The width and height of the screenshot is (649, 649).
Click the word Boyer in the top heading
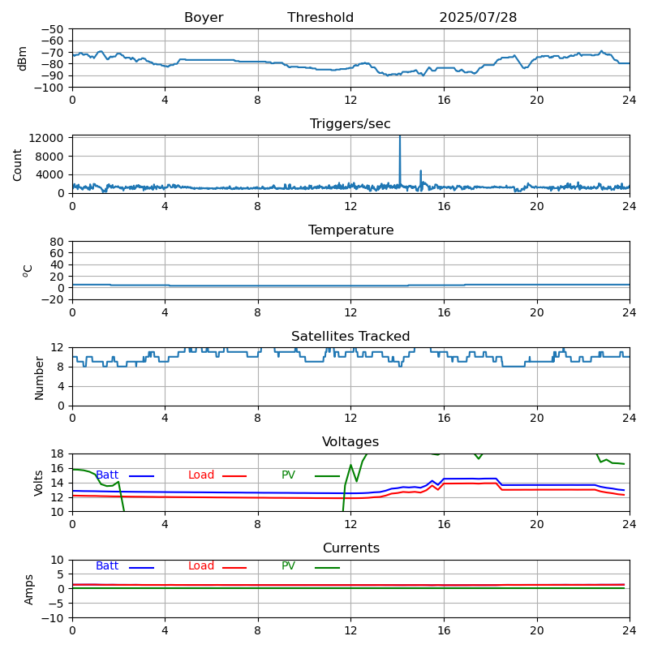(x=204, y=18)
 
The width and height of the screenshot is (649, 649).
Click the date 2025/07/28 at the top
(x=478, y=18)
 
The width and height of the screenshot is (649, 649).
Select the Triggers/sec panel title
(x=350, y=124)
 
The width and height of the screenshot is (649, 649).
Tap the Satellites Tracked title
(x=350, y=337)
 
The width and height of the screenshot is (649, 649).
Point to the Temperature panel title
(x=350, y=230)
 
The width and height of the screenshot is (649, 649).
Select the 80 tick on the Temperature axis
(x=57, y=242)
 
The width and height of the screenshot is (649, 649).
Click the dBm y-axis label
(x=23, y=58)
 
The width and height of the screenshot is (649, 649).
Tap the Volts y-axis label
(x=39, y=483)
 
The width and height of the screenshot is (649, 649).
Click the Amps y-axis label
(x=29, y=589)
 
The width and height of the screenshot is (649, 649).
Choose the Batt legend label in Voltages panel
(x=107, y=475)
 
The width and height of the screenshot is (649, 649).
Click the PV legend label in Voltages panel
(x=289, y=475)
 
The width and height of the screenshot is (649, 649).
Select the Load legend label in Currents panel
(x=201, y=566)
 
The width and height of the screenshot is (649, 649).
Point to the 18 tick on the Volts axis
(x=57, y=453)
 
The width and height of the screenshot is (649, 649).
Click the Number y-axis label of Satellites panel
(x=39, y=377)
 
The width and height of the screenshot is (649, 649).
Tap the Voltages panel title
(x=350, y=442)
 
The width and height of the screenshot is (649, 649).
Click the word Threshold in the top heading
(x=320, y=18)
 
